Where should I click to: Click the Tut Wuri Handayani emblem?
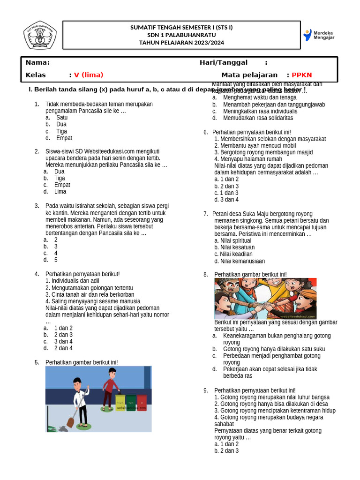coord(40,35)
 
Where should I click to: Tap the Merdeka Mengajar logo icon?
coord(307,35)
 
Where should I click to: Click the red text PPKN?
coord(301,75)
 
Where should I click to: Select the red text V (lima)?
coord(89,75)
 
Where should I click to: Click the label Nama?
coord(37,63)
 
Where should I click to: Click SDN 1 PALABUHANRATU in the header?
coord(181,35)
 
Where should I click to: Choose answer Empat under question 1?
coord(64,138)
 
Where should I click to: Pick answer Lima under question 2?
coord(60,192)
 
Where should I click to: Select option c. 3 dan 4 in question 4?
coord(63,342)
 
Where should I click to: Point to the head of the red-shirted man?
coord(112,373)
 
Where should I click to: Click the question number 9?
coord(205,390)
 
